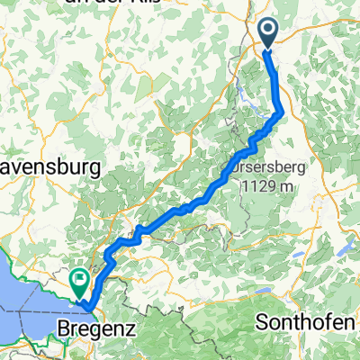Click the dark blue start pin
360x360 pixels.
pos(270,34)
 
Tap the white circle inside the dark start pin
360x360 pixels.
pos(270,31)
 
